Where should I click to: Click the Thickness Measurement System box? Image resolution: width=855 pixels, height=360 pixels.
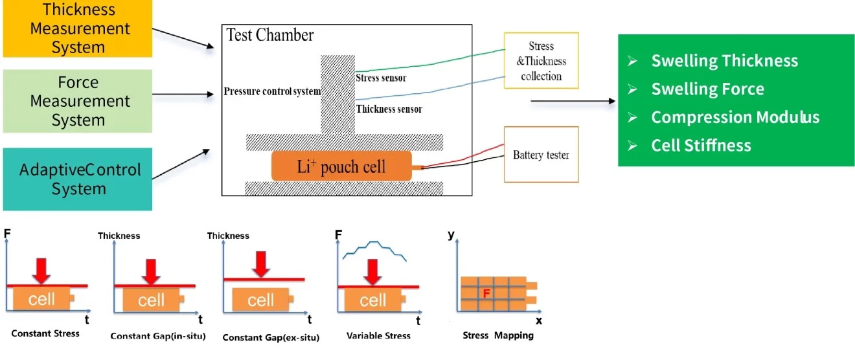77,28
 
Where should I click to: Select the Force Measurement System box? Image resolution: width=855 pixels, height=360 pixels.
77,101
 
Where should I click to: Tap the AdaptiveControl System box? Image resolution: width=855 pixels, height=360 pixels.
78,179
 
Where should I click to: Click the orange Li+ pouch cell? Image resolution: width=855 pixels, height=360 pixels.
341,166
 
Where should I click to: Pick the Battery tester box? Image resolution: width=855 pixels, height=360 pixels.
541,155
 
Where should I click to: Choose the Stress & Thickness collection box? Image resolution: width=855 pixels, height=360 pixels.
541,61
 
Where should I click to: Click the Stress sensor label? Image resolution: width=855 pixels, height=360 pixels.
385,78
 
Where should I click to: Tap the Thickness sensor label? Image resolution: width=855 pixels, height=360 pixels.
389,109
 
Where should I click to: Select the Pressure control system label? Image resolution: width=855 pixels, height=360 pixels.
272,91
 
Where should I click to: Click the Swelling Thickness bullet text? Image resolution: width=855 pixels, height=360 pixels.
724,61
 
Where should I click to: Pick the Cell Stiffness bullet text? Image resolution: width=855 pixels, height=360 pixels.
701,145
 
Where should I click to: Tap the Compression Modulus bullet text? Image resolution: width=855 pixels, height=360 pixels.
735,117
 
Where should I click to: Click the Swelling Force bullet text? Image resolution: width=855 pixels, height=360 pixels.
707,89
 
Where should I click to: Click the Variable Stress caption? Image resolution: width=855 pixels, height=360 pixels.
378,335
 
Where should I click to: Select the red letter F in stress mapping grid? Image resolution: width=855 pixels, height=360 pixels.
486,293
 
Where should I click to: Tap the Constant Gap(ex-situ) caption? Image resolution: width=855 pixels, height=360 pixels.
271,337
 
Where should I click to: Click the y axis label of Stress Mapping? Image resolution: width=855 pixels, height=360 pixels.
451,234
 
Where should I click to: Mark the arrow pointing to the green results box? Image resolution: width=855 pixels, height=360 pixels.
573,101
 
